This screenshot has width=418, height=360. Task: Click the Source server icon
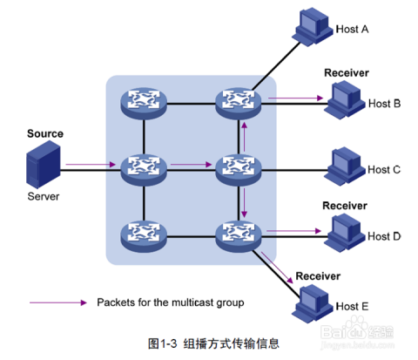(x=44, y=165)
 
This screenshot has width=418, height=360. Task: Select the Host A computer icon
(x=313, y=27)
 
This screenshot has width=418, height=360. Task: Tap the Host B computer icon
(x=345, y=100)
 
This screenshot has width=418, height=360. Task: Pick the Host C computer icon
(x=345, y=166)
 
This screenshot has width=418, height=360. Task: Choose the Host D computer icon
(x=345, y=233)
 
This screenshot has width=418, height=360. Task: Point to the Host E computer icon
(x=313, y=304)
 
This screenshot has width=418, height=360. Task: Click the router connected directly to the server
(x=144, y=170)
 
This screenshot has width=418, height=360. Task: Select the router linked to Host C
(x=239, y=170)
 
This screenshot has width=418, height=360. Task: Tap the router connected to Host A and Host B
(x=239, y=104)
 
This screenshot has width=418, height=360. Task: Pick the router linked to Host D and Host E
(x=239, y=236)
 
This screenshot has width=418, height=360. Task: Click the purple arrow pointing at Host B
(x=295, y=98)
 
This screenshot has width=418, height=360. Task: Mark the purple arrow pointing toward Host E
(x=277, y=268)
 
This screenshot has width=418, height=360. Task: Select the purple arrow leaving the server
(x=91, y=165)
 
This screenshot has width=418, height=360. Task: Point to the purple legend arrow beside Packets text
(x=58, y=302)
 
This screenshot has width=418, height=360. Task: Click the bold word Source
(x=45, y=133)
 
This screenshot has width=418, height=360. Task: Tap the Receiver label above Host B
(x=347, y=73)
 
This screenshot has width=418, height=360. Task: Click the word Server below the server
(x=44, y=196)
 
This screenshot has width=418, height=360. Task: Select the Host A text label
(x=352, y=29)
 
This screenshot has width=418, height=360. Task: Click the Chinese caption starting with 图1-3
(x=213, y=343)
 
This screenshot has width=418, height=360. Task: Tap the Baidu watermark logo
(x=357, y=331)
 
